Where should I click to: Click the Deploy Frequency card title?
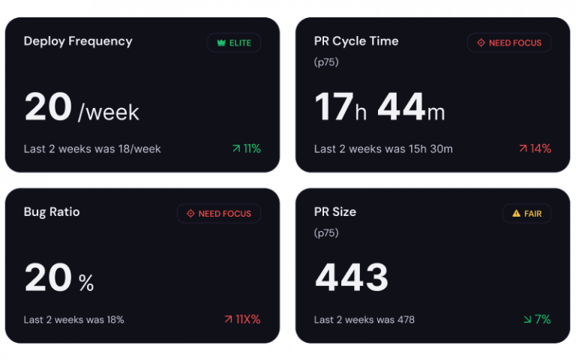coord(78,41)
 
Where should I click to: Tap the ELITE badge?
coord(234,43)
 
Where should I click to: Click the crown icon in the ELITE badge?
coord(221,43)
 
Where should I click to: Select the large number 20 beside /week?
coord(48,107)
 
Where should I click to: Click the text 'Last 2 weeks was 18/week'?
coord(92,148)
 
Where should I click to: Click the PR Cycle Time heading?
coord(356,41)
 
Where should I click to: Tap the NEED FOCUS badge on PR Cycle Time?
coord(509,43)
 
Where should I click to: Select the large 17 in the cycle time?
coord(333,107)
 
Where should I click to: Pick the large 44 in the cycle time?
coord(401,107)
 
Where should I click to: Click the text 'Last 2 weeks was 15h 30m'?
coord(383,148)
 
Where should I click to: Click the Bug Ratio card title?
coord(52,212)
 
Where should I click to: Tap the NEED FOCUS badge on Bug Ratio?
coord(219,214)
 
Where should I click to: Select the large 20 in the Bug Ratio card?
coord(48,278)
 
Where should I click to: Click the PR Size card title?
coord(335,212)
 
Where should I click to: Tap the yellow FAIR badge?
coord(526,214)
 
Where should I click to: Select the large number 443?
coord(352,278)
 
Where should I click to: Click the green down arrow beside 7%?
coord(527,319)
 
